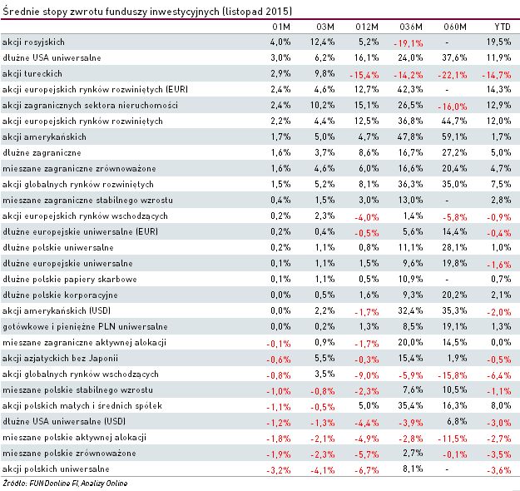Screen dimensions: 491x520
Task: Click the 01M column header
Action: pos(281,25)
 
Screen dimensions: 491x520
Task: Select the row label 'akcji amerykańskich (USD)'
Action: pos(49,310)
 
